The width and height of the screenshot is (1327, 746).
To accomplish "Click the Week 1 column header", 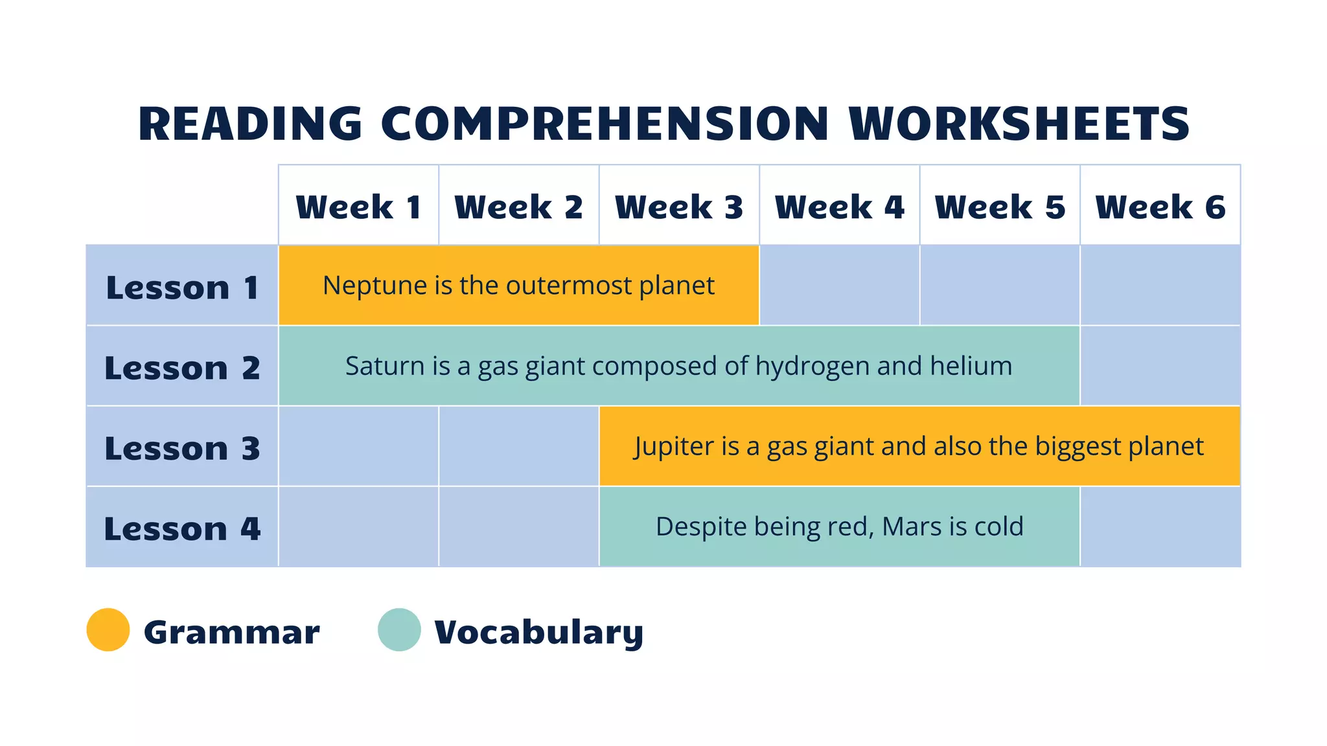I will pos(358,207).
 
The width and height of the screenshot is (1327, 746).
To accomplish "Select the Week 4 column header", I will pos(839,207).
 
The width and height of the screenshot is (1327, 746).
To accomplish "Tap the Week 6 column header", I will pos(1160,207).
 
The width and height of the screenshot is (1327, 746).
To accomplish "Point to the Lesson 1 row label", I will pos(182,287).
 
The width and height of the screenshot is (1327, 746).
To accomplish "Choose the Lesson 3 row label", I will pos(182,448).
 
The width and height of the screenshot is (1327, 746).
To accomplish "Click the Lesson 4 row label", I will pos(182,528).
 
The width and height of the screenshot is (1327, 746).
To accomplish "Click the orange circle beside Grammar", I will pos(108,629).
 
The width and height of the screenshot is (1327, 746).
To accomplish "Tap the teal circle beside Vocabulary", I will pos(399,629).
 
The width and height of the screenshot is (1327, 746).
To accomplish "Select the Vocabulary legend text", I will pos(538,632).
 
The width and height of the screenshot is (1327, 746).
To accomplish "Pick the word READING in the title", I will pos(250,124).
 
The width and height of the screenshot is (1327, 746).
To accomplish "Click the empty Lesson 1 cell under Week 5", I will pos(1000,286).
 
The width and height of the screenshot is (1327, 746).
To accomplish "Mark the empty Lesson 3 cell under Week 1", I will pos(358,446).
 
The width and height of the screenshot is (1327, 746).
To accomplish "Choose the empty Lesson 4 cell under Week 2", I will pos(518,526).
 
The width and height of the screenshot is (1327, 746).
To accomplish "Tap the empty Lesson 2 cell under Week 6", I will pos(1160,366).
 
